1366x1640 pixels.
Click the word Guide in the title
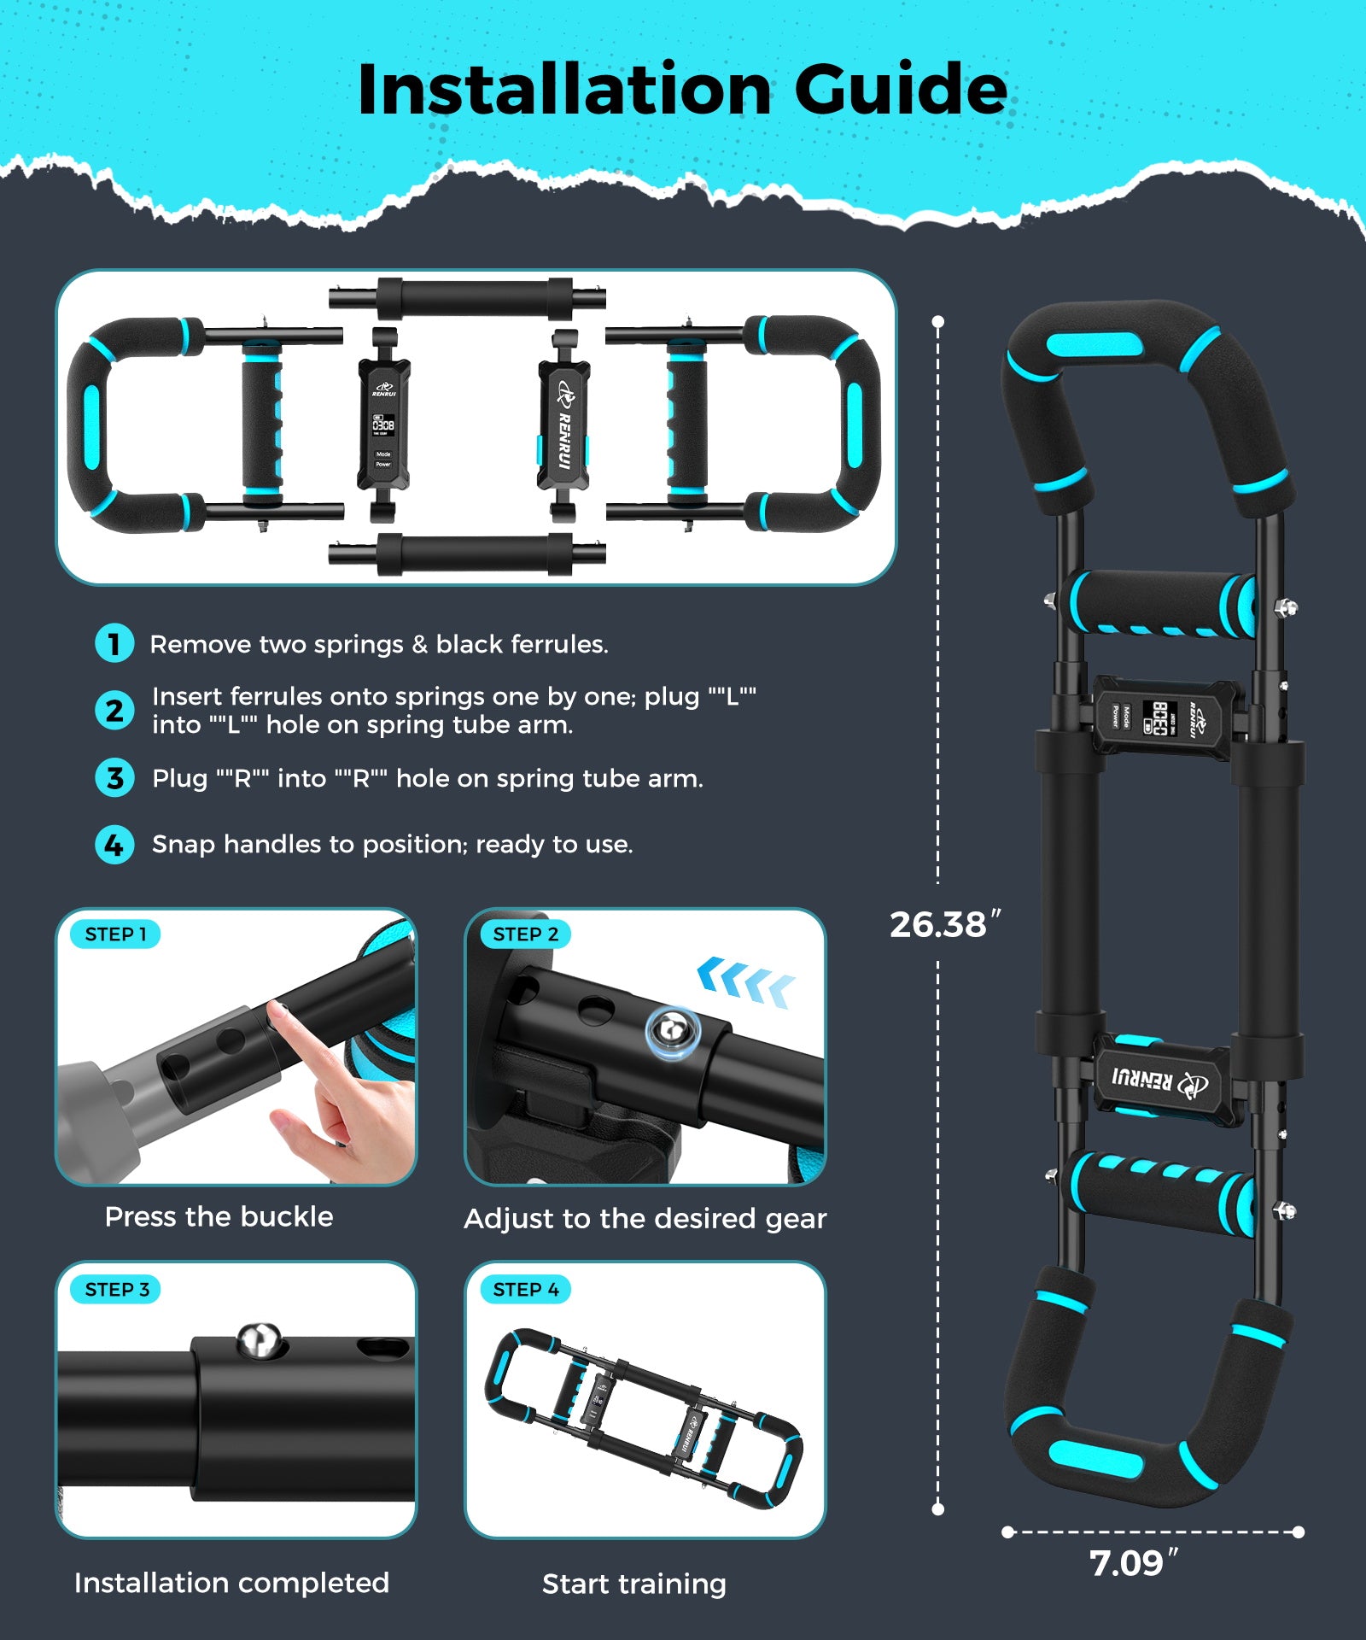coord(901,90)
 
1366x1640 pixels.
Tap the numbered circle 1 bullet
coord(114,643)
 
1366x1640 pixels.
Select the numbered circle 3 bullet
coord(114,778)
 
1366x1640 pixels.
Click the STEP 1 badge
coord(116,934)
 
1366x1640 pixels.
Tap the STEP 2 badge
coord(525,934)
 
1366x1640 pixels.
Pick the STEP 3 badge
coord(117,1290)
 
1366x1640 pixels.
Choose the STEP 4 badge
coord(525,1290)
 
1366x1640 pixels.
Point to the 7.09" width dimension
coord(1133,1564)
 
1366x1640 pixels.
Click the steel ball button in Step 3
coord(259,1339)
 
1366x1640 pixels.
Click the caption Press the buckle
coord(219,1216)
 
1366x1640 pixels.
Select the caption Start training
coord(633,1584)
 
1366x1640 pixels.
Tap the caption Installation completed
coord(231,1583)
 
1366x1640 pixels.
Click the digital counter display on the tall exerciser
coord(1160,717)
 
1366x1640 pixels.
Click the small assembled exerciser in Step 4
coord(645,1417)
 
